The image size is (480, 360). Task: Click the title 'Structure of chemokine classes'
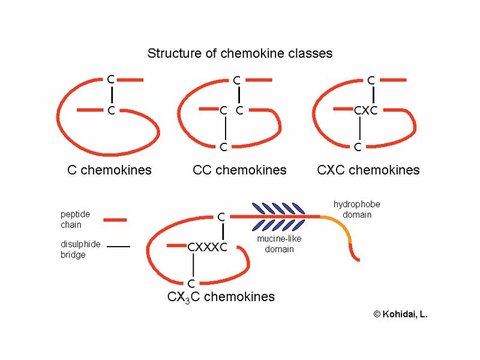[x=240, y=53]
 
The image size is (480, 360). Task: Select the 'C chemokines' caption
[x=109, y=170]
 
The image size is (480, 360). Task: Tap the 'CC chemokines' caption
[x=239, y=170]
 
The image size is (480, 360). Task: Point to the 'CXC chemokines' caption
[x=368, y=170]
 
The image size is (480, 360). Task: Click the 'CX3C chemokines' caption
[x=221, y=297]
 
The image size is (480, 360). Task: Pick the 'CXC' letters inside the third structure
[x=365, y=110]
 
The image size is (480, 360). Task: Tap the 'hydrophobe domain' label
[x=357, y=209]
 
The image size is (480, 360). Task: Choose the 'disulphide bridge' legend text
[x=80, y=250]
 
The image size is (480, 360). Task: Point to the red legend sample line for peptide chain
[x=115, y=220]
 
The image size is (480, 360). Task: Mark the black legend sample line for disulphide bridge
[x=118, y=247]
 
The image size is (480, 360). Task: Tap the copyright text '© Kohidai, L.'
[x=400, y=314]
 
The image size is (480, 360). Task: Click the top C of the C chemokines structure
[x=110, y=79]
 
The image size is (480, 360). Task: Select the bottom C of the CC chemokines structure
[x=223, y=147]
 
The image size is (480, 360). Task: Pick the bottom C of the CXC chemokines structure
[x=358, y=147]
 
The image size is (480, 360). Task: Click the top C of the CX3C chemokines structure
[x=221, y=217]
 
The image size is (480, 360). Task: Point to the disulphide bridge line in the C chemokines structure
[x=111, y=95]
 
